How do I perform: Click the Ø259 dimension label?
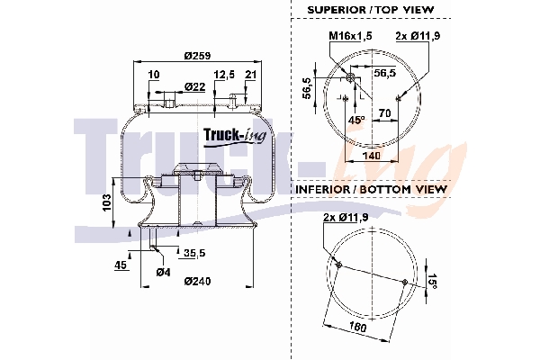(197, 56)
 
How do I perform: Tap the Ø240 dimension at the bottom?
(197, 282)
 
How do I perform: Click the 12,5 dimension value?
(224, 74)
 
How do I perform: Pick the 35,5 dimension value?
(194, 253)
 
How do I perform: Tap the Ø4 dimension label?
(163, 272)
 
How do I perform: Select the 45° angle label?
(357, 120)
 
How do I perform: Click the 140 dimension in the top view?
(371, 156)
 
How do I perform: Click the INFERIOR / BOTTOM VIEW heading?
(372, 190)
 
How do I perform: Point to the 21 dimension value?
(250, 74)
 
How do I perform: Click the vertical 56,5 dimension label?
(307, 87)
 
